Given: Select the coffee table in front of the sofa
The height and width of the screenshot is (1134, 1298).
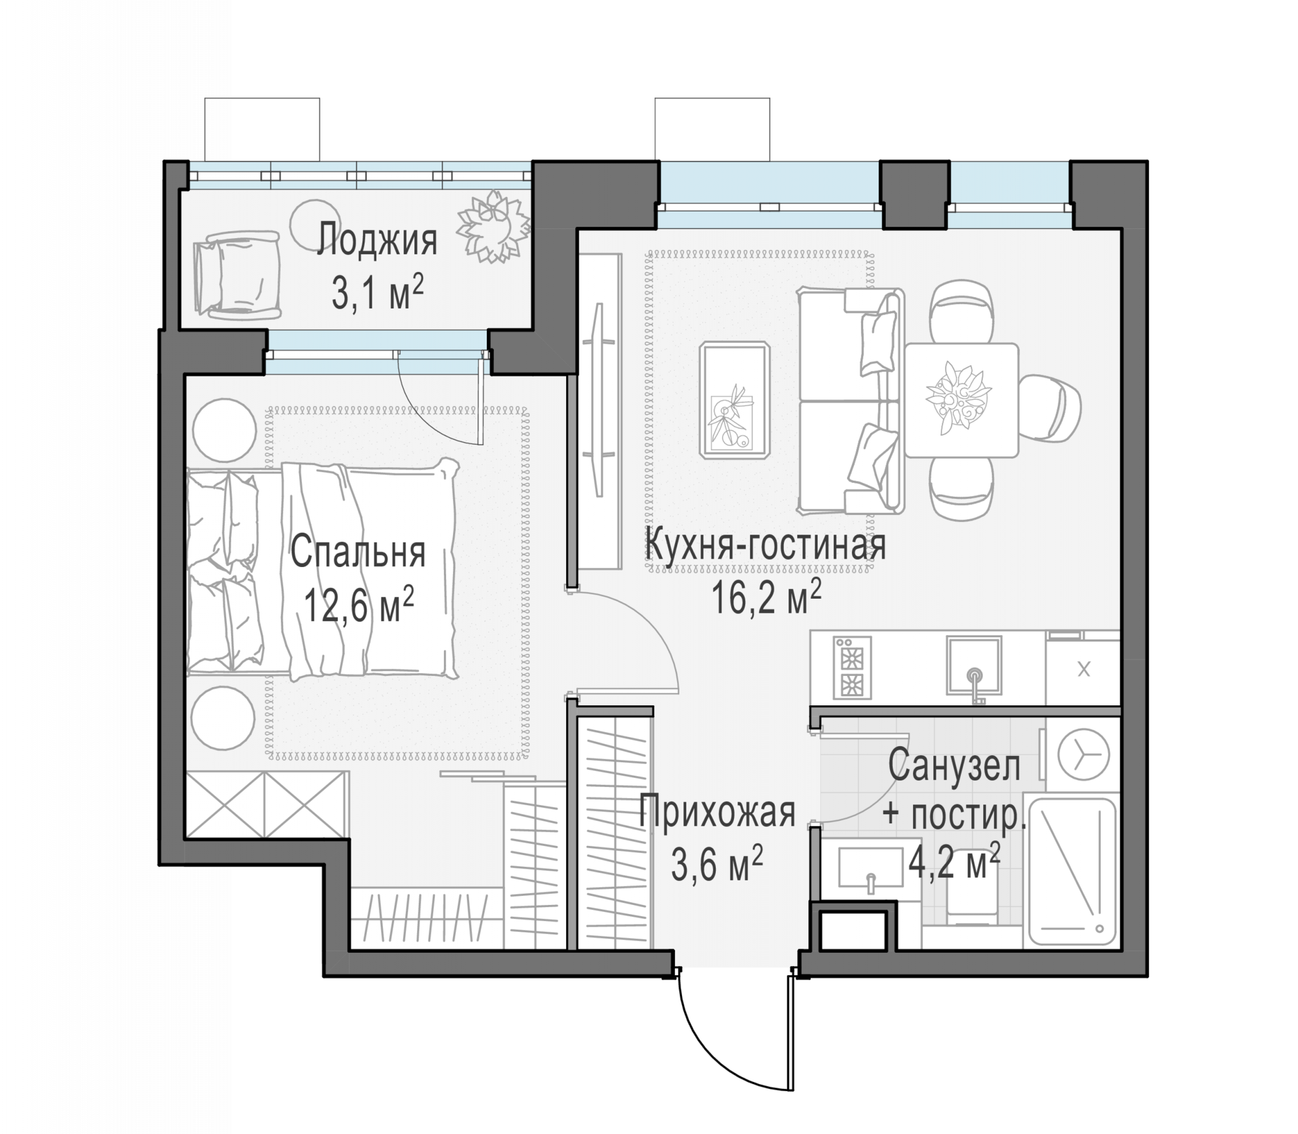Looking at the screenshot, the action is tap(735, 399).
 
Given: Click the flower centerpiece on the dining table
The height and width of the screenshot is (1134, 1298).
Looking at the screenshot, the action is tap(956, 398).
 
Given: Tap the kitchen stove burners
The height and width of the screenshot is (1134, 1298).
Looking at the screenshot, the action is tap(852, 667).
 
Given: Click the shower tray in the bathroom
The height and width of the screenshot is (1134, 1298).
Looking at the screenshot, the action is tap(1072, 874).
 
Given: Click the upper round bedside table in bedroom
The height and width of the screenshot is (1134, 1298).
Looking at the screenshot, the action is tap(224, 430).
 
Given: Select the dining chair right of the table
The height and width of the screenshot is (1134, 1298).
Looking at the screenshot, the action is tap(1051, 408).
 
